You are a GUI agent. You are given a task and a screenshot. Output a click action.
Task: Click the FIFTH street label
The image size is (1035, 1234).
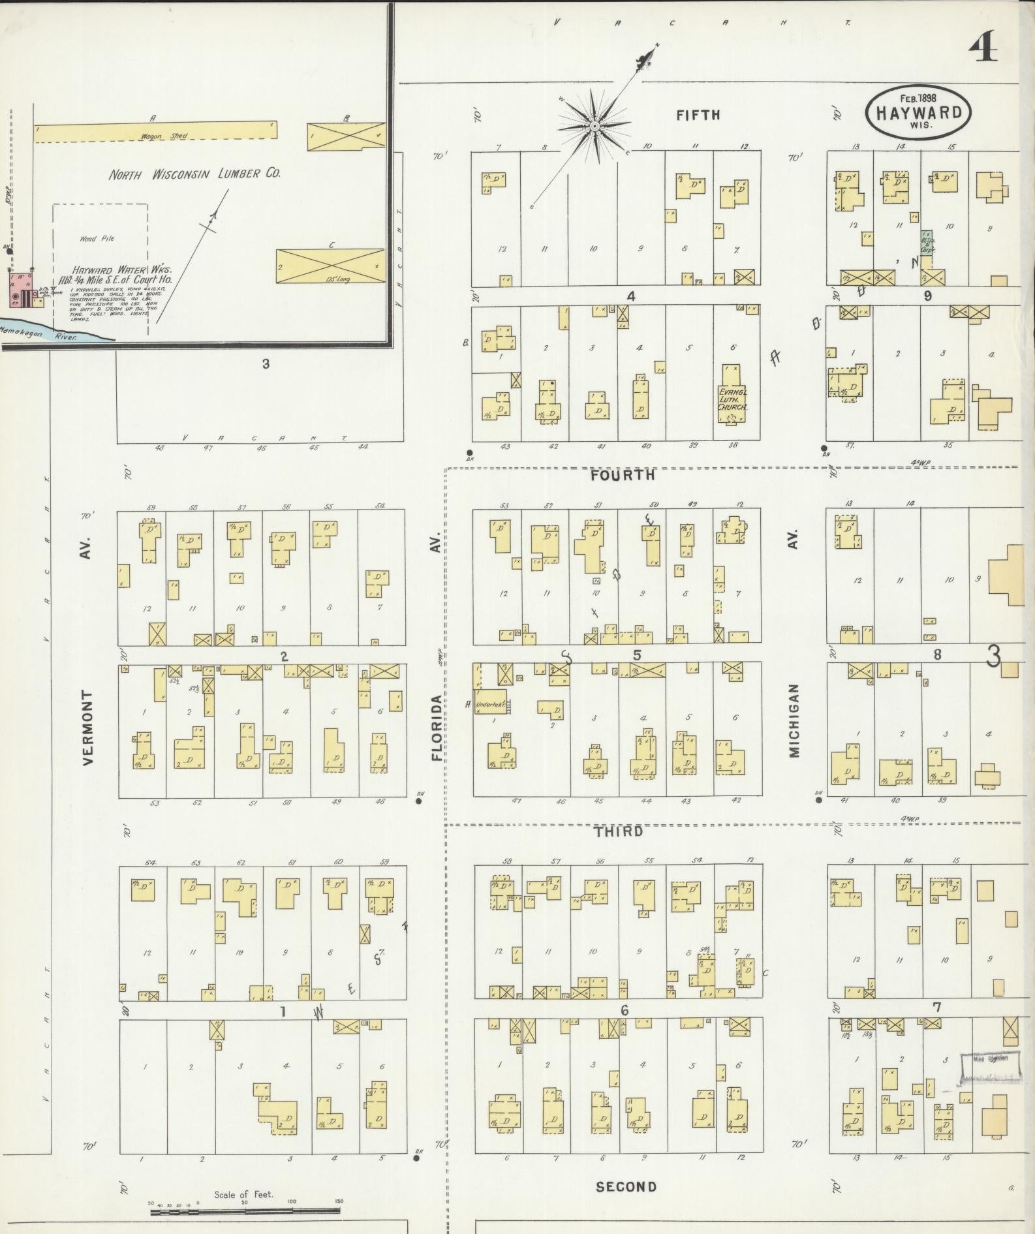(698, 115)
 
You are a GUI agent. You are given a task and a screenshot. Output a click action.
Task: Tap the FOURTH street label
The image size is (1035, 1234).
(622, 475)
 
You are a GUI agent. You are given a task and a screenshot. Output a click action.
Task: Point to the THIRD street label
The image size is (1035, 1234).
(619, 831)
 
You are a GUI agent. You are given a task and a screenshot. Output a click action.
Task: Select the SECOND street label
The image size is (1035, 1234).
(626, 1187)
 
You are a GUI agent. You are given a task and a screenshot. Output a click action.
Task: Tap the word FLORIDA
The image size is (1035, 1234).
(436, 728)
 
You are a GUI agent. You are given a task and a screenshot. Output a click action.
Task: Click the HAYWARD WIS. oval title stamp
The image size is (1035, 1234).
(918, 112)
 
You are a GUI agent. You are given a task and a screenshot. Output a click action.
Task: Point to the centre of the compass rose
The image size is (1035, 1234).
(595, 125)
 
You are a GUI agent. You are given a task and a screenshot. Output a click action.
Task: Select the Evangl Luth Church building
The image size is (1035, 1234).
(732, 396)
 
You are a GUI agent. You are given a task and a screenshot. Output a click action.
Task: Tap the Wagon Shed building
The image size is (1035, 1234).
(155, 131)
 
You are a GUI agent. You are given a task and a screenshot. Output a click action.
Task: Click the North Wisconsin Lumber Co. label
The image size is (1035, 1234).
(194, 174)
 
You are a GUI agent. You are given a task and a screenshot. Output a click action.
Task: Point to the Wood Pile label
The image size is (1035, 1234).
(97, 239)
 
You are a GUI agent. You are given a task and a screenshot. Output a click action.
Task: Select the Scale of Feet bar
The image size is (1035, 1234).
(245, 1212)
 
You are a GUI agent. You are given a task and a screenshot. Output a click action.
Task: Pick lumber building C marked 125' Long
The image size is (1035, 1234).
(330, 266)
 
